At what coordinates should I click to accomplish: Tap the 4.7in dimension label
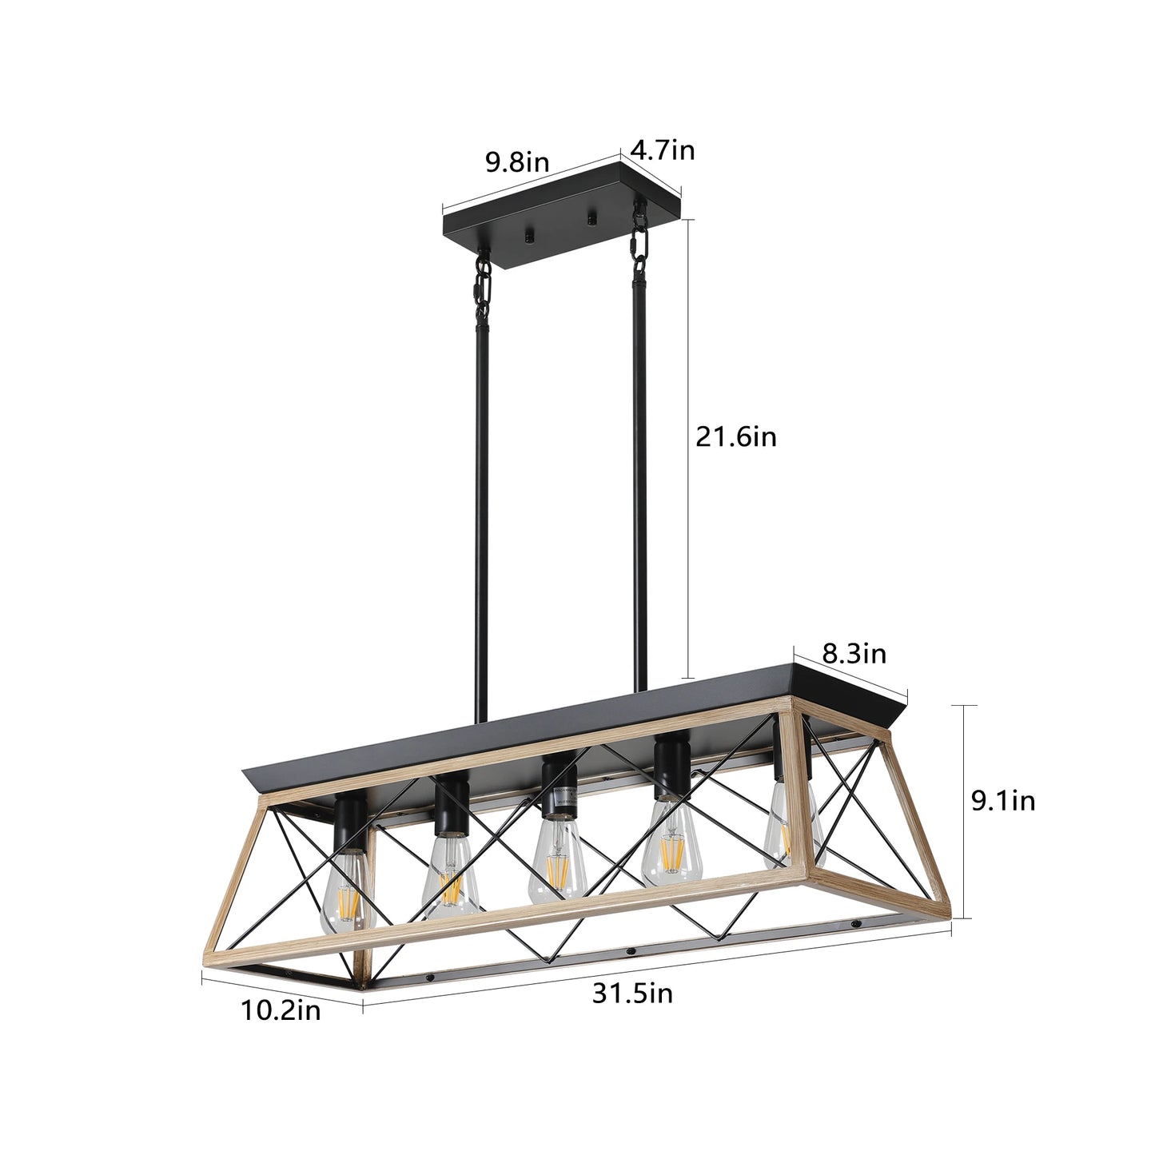click(x=663, y=149)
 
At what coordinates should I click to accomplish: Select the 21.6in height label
click(x=735, y=437)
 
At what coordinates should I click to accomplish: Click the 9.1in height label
click(x=1003, y=800)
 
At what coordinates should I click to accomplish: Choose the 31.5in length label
click(x=632, y=994)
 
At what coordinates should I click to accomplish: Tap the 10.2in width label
click(x=281, y=1011)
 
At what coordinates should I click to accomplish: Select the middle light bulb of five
click(x=559, y=862)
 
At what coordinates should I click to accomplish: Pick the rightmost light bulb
click(x=785, y=830)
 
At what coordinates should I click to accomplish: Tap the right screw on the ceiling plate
click(x=592, y=218)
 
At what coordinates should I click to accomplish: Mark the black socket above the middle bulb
click(x=557, y=787)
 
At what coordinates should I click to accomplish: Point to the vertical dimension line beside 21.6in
click(x=690, y=448)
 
